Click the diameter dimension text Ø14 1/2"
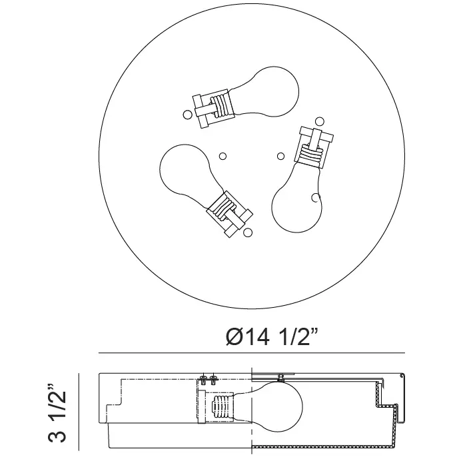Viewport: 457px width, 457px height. [x=272, y=337]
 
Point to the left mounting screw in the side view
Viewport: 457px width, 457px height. [x=203, y=379]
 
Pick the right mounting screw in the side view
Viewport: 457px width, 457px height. [x=214, y=379]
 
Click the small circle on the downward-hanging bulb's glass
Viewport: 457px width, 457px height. [x=314, y=198]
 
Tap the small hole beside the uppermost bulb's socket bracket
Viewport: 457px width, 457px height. [x=187, y=115]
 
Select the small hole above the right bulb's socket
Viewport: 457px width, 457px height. [x=320, y=121]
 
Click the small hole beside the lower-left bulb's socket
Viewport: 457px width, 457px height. [x=248, y=232]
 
